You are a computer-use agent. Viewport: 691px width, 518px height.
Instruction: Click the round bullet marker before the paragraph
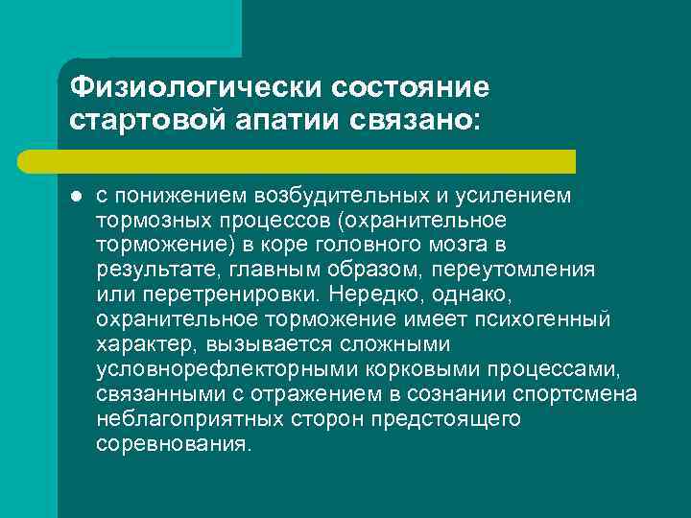coord(74,197)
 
